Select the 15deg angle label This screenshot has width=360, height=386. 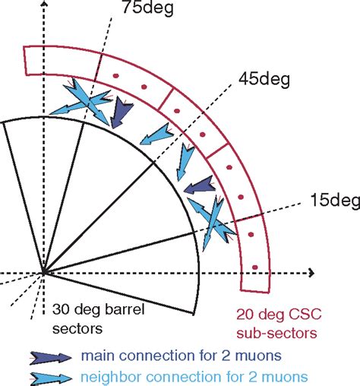(332, 201)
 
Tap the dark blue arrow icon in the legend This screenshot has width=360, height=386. (46, 355)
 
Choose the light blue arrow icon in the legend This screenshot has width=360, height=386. (46, 375)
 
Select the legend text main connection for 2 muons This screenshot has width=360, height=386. (180, 355)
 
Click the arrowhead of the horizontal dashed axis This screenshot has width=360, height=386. (311, 272)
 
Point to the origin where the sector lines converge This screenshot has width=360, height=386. (44, 272)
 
